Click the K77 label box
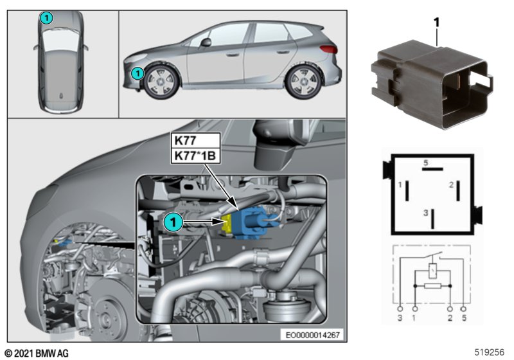[x=195, y=141]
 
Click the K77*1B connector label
[x=195, y=156]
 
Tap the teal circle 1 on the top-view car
[x=46, y=18]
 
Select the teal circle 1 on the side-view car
[x=137, y=73]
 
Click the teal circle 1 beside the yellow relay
[x=173, y=222]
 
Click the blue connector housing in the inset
[x=254, y=224]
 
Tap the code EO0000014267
[x=312, y=335]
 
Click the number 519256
[x=489, y=352]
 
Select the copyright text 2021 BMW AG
[x=37, y=353]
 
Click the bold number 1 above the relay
[x=436, y=22]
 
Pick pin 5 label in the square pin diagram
[x=425, y=163]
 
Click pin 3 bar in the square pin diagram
[x=432, y=219]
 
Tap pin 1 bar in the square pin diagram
[x=407, y=190]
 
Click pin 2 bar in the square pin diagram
[x=458, y=190]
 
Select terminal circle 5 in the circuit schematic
[x=463, y=309]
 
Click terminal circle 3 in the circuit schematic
[x=400, y=309]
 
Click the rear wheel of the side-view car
[x=303, y=82]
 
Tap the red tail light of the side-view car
[x=329, y=50]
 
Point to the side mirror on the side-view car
[x=206, y=42]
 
